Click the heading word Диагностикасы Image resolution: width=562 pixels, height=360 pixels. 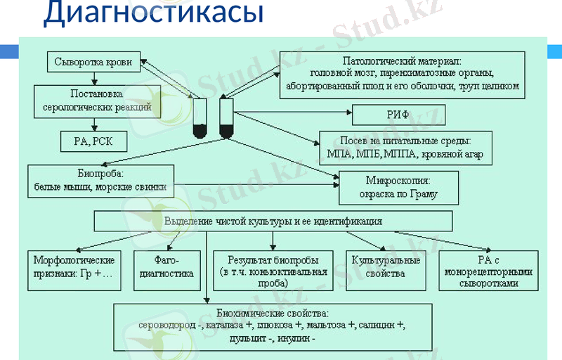(153, 13)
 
